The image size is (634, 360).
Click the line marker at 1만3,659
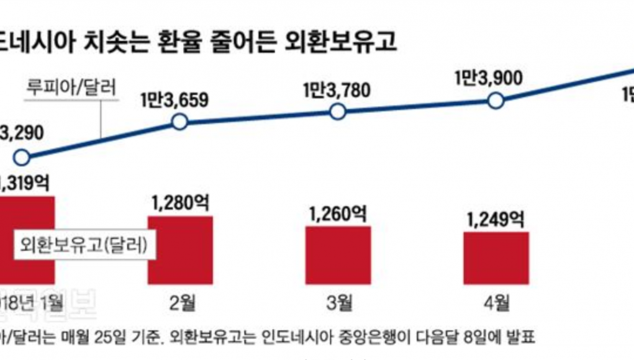[x=179, y=122]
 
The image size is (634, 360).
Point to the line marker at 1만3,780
[x=337, y=112]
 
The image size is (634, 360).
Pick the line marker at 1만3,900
[x=496, y=101]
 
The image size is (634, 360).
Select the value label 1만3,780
[x=337, y=90]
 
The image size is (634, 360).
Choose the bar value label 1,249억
[x=496, y=218]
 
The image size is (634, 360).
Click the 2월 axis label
[x=179, y=304]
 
